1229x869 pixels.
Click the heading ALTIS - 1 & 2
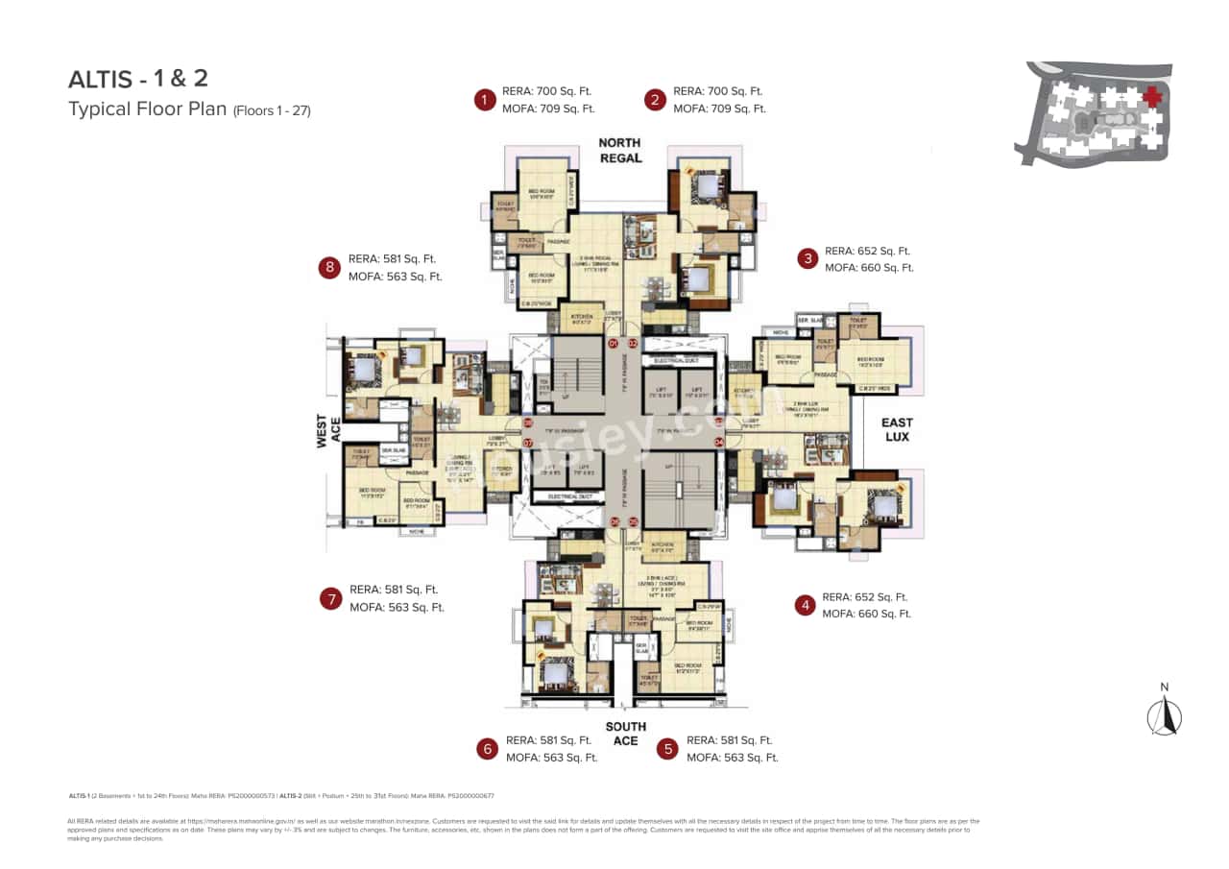[x=137, y=80]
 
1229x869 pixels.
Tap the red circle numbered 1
[x=485, y=100]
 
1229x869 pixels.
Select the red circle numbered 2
[x=655, y=100]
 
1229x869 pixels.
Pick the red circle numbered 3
[x=808, y=258]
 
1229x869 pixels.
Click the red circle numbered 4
[x=805, y=605]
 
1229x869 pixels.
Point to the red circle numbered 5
[x=667, y=749]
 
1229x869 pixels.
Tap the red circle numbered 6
[x=487, y=749]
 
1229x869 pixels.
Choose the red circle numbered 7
[x=330, y=599]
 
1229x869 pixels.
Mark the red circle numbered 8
[x=330, y=268]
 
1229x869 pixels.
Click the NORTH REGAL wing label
[x=619, y=150]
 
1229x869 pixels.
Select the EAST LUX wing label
[x=897, y=429]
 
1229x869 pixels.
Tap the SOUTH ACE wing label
[x=625, y=734]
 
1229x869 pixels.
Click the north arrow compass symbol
[x=1165, y=713]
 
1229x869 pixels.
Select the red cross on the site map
[x=1151, y=97]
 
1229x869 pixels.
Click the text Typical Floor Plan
[x=147, y=109]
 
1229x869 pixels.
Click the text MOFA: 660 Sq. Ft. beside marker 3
[x=869, y=268]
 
